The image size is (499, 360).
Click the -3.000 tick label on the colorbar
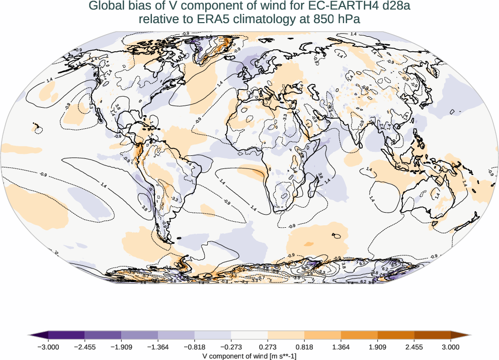[x=48, y=347]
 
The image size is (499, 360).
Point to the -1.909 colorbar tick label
[x=121, y=347]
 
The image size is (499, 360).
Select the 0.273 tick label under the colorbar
[x=268, y=347]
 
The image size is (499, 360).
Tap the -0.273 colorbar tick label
[x=231, y=347]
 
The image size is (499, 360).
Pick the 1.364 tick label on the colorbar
[x=341, y=347]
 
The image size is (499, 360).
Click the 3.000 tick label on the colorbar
[x=451, y=347]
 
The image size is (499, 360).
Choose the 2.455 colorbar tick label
[x=414, y=347]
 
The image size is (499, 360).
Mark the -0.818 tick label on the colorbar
[x=194, y=347]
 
